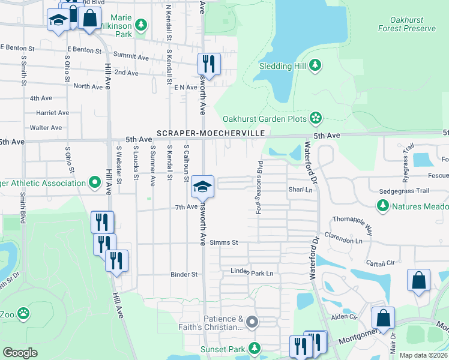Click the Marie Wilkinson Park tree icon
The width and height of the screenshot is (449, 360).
coord(141,25)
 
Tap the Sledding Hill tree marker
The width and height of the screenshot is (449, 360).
coord(315,65)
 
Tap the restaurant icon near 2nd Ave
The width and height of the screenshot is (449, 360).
coord(209,64)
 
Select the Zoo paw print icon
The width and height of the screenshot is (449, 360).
coord(23,313)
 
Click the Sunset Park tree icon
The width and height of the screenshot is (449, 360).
coord(255,347)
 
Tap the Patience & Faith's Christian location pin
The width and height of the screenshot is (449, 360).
coord(253,323)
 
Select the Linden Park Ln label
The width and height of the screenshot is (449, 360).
coord(252,273)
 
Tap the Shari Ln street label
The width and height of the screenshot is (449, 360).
coord(301,190)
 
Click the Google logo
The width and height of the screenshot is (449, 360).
coord(20,353)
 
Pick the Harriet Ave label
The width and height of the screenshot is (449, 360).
coord(53,113)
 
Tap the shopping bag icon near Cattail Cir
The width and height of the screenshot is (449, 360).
coord(418,280)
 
